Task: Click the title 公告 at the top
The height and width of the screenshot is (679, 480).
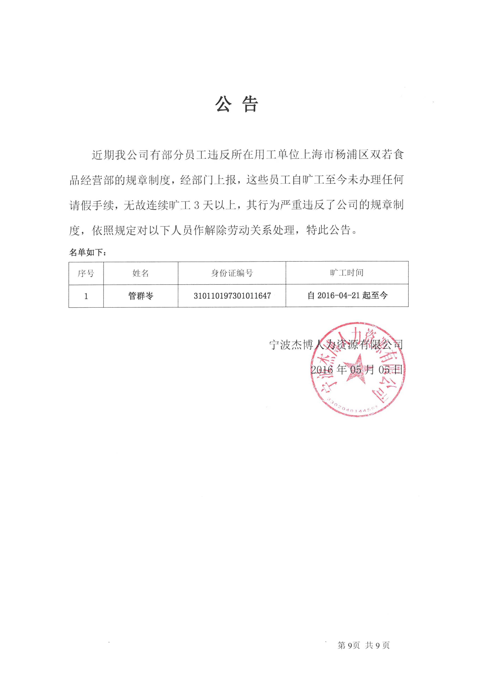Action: coord(237,104)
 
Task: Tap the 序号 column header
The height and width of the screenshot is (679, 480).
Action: coord(86,273)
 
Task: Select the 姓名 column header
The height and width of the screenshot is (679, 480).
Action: coord(141,273)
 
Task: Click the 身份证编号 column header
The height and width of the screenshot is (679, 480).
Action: coord(232,273)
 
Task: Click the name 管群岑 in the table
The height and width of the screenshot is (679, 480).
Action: coord(141,296)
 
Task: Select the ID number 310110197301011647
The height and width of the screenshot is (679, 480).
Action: coord(232,296)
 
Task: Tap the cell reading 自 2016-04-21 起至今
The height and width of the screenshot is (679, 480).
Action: coord(347,295)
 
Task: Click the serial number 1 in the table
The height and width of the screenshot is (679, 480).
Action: coord(86,296)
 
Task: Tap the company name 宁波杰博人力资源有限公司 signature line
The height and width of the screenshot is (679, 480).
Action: coord(336,344)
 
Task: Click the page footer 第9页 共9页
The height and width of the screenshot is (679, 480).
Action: coord(364,645)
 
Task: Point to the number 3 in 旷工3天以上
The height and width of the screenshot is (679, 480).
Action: coord(197,205)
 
